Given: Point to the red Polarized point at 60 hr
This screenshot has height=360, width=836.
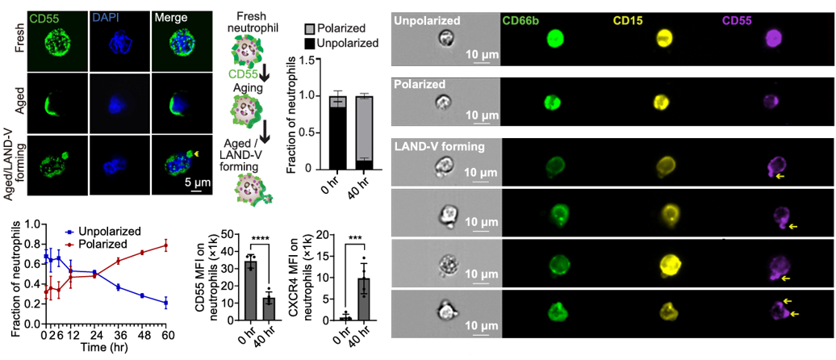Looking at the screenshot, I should (x=167, y=245).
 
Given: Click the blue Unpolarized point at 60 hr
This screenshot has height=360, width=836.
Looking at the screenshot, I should (x=167, y=303).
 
